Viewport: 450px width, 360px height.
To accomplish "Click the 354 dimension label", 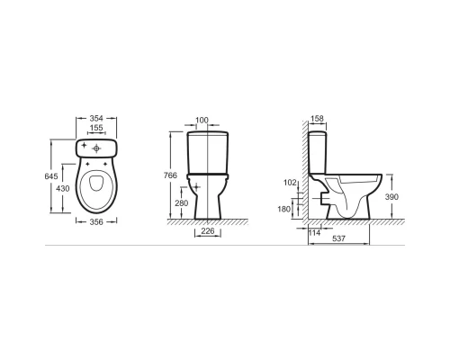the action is point(96,118).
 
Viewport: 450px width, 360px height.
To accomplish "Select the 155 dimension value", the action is point(96,128).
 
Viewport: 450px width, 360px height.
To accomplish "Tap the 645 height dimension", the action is point(51,176).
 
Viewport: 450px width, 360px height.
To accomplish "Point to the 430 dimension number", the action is point(63,188).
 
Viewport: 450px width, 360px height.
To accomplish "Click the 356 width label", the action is point(96,222).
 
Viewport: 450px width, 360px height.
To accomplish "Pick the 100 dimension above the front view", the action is point(202,121).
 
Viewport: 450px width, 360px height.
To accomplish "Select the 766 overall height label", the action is point(170,175).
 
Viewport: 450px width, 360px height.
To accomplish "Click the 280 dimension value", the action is point(182,203).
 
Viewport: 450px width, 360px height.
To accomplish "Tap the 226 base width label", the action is point(208,231).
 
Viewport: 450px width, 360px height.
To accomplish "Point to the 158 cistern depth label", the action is point(317,119).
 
